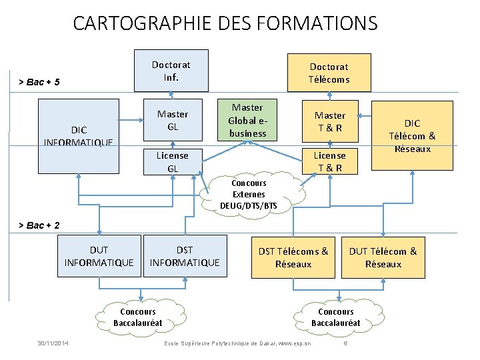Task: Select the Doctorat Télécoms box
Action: pyautogui.click(x=329, y=73)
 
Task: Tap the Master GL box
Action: pyautogui.click(x=172, y=120)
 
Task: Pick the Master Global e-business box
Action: pyautogui.click(x=247, y=120)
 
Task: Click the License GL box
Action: pyautogui.click(x=172, y=161)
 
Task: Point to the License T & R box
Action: pyautogui.click(x=330, y=161)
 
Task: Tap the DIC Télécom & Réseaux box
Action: pyautogui.click(x=412, y=135)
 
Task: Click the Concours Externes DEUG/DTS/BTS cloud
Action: pyautogui.click(x=249, y=194)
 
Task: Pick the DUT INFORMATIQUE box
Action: pyautogui.click(x=99, y=257)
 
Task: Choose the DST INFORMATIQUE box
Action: pyautogui.click(x=185, y=257)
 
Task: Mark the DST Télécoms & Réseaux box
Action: pyautogui.click(x=293, y=257)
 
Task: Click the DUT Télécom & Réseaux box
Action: pyautogui.click(x=383, y=257)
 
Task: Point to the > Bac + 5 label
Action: pyautogui.click(x=39, y=82)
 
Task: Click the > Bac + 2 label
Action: pyautogui.click(x=39, y=225)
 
